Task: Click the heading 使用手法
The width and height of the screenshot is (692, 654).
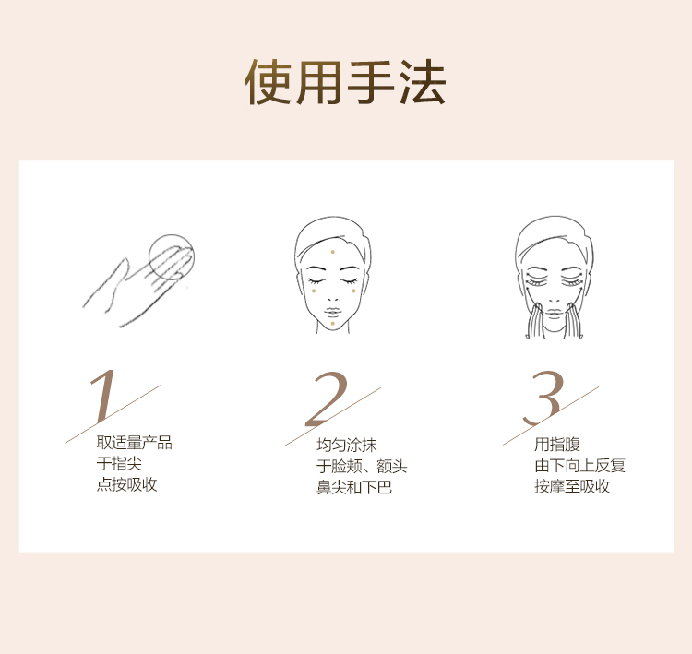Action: (345, 82)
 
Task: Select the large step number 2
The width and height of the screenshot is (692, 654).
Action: (327, 399)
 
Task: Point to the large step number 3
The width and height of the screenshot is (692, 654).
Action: (543, 398)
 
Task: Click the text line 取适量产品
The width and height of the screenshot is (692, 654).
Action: (134, 443)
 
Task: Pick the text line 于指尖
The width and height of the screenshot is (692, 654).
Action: (119, 464)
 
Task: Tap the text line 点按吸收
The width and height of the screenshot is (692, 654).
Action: (126, 484)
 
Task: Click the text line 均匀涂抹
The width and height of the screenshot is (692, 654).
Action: (347, 445)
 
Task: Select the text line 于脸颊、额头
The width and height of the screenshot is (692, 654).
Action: (362, 466)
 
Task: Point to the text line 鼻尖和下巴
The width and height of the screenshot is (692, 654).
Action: (354, 487)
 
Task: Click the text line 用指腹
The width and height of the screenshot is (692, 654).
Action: (557, 444)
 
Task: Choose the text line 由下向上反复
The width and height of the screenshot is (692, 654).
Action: (580, 465)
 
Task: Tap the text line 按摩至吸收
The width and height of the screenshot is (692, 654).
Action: (572, 486)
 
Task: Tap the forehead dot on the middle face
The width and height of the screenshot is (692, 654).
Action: (333, 252)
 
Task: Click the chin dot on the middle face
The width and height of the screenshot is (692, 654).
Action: (333, 324)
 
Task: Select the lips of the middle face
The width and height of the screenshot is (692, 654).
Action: (333, 311)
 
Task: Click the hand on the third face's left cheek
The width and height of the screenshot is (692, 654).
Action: (535, 321)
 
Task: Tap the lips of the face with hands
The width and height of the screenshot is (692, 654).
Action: (555, 313)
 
